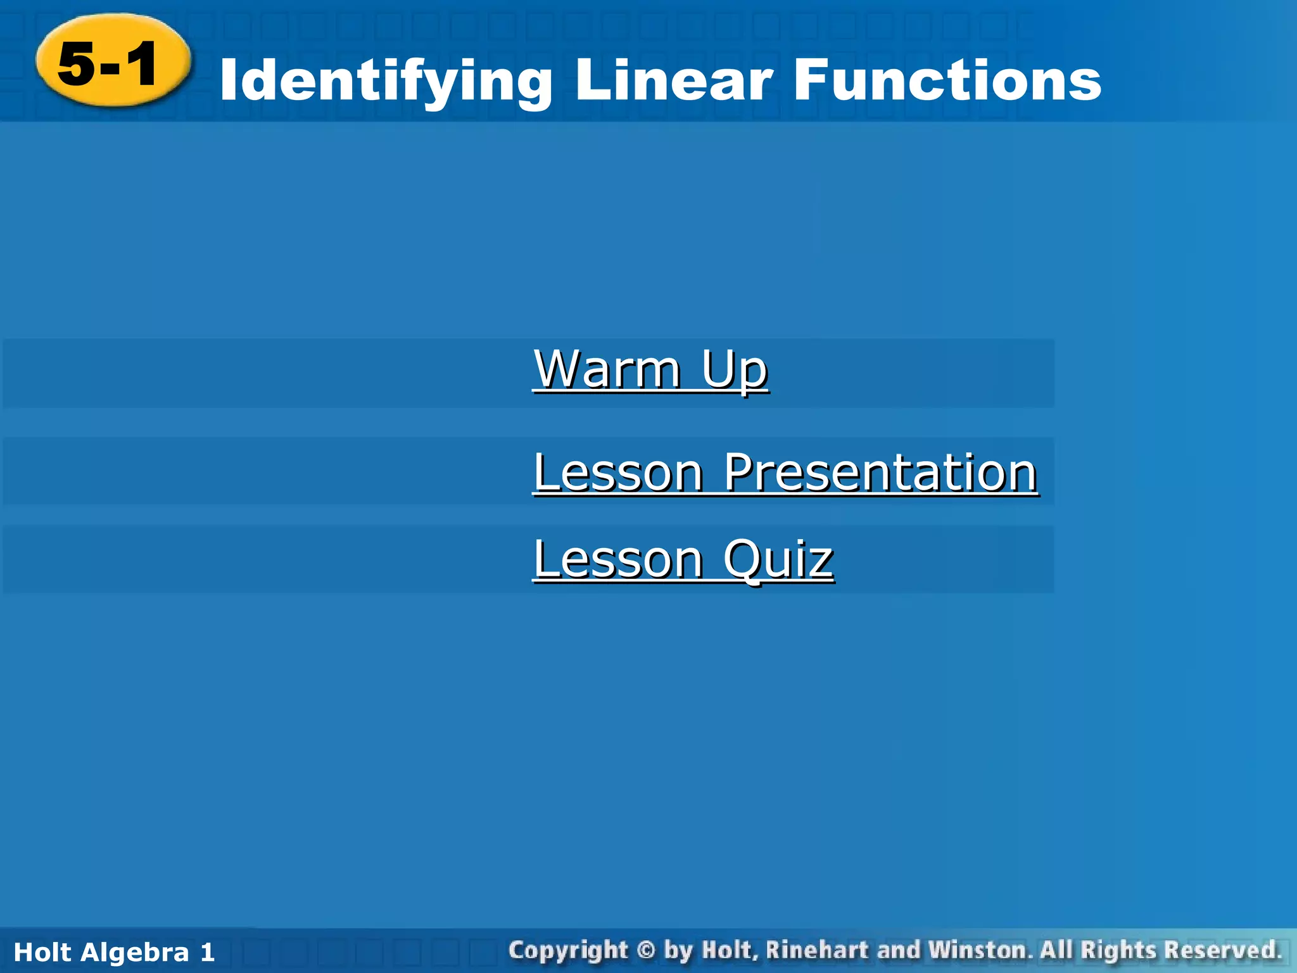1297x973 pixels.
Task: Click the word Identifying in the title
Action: tap(385, 81)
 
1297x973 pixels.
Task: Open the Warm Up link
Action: tap(650, 370)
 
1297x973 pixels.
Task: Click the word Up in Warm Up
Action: tap(735, 370)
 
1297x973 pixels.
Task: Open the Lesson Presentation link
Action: tap(785, 473)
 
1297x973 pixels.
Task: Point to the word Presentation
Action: tap(880, 473)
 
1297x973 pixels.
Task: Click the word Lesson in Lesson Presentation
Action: tap(618, 473)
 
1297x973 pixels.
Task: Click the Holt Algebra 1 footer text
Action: tap(114, 952)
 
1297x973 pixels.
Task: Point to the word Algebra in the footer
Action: tap(134, 952)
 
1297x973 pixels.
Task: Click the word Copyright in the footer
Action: tap(567, 951)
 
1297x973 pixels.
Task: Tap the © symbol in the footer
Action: tap(645, 950)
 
